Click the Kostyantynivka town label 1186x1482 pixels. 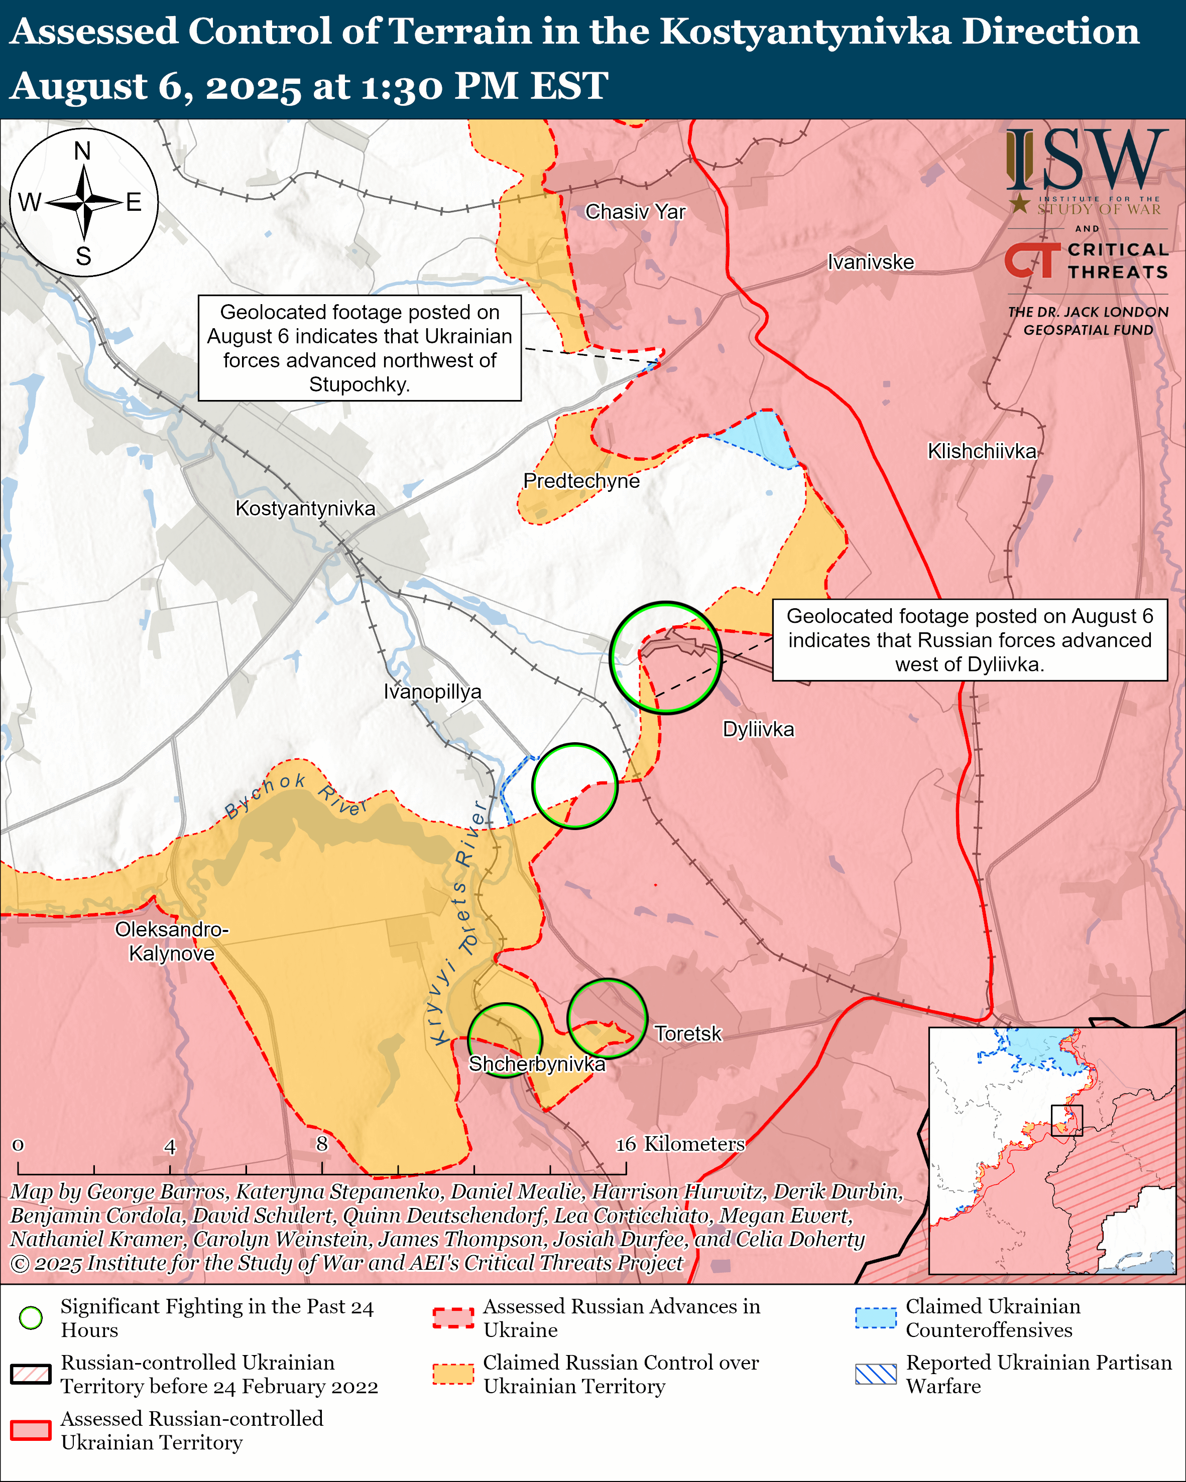coord(305,509)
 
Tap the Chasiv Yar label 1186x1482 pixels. coord(635,212)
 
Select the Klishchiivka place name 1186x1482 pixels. coord(981,452)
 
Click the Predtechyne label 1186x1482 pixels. coord(581,481)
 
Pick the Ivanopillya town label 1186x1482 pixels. coord(432,692)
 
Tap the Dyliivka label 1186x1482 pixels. coord(758,729)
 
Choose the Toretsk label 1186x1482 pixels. coord(687,1034)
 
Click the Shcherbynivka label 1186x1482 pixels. coord(537,1064)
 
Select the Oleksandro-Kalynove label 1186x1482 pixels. coord(171,941)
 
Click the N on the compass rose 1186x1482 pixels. coord(82,151)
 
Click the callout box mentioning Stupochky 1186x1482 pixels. coord(360,348)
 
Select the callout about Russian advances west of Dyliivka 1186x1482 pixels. coord(970,640)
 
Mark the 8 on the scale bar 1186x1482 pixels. coord(322,1144)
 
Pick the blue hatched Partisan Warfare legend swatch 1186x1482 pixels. coord(875,1374)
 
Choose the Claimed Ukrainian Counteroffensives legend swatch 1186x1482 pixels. coord(875,1318)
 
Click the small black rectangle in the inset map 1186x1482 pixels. coord(1066,1120)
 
